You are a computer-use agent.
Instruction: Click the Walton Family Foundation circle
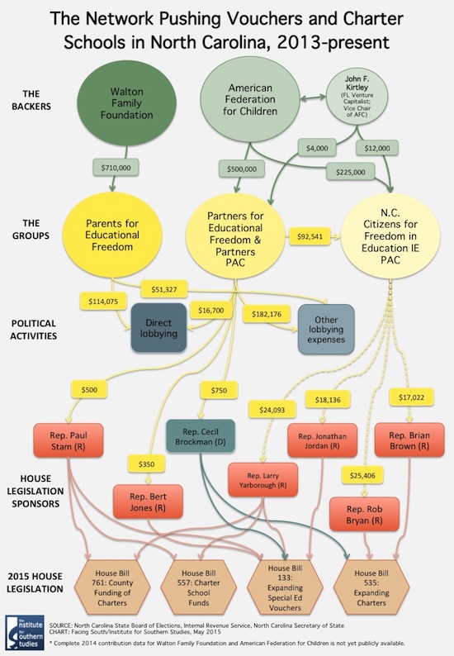click(x=126, y=103)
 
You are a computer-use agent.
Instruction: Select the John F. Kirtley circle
click(x=357, y=96)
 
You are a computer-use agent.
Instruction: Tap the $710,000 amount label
click(x=116, y=168)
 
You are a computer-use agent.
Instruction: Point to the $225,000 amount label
click(x=350, y=172)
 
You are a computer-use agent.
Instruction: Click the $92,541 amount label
click(x=310, y=236)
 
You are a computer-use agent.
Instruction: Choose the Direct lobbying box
click(x=158, y=328)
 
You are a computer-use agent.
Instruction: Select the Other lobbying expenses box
click(x=326, y=330)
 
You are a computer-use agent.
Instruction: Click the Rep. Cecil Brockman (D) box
click(x=201, y=436)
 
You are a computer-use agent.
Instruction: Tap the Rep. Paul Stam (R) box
click(x=69, y=440)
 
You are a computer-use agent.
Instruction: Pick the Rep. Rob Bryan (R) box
click(x=364, y=515)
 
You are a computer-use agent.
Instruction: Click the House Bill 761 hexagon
click(x=112, y=587)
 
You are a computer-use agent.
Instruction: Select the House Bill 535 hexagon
click(x=371, y=587)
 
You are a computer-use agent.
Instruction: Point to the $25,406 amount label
click(x=363, y=476)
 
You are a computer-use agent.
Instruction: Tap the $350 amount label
click(x=146, y=464)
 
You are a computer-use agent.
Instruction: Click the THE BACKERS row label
click(x=31, y=100)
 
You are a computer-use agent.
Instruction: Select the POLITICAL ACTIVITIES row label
click(x=34, y=330)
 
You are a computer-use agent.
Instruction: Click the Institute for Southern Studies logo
click(x=25, y=632)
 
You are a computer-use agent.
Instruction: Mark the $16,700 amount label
click(x=211, y=311)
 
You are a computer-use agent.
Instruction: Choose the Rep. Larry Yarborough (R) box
click(x=263, y=480)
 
